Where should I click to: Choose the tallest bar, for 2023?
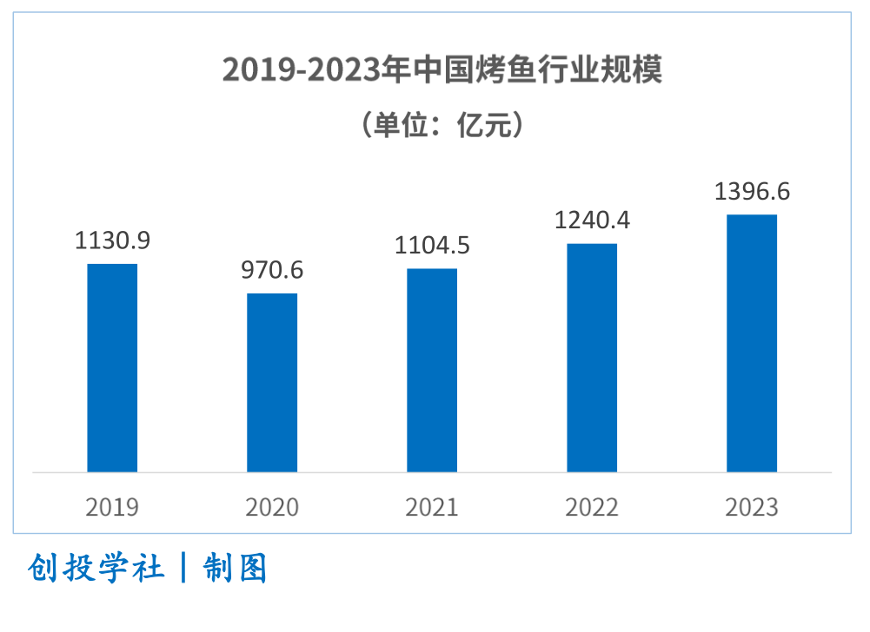click(752, 343)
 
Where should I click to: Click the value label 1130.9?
click(112, 240)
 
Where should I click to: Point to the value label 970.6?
click(272, 270)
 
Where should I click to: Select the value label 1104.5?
click(432, 246)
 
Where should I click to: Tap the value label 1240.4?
click(592, 221)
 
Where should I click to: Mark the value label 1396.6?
click(752, 191)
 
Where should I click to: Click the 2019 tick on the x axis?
click(112, 507)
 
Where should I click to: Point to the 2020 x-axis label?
click(272, 507)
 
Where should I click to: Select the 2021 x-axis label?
click(432, 507)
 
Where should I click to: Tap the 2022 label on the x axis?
click(592, 507)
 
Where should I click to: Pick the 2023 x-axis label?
click(752, 507)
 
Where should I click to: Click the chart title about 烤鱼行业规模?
click(442, 69)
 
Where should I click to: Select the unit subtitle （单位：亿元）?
click(442, 125)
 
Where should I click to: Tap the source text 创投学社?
click(96, 569)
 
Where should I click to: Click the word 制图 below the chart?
click(236, 569)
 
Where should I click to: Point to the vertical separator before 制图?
click(183, 569)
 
